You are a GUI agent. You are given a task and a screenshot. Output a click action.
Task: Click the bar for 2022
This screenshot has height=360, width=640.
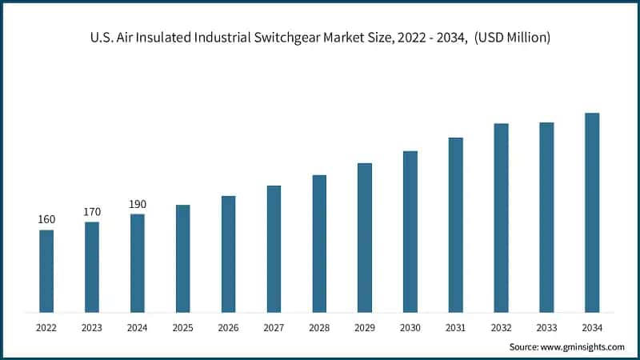click(x=46, y=271)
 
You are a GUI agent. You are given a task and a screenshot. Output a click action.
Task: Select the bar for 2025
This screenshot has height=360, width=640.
click(x=183, y=258)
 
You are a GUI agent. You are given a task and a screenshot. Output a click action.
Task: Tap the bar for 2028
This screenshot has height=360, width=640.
click(x=319, y=243)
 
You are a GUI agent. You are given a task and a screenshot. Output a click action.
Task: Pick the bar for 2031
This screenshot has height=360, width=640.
click(x=456, y=225)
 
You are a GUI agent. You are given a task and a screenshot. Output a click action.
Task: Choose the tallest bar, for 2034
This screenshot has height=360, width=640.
click(x=592, y=212)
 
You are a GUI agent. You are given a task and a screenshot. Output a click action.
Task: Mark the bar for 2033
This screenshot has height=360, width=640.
click(x=546, y=217)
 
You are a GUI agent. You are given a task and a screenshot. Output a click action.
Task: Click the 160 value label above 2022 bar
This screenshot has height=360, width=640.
click(x=46, y=220)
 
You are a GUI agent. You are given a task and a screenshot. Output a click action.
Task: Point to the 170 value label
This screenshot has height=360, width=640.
click(x=92, y=212)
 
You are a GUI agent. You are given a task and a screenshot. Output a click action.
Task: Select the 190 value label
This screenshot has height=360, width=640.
click(x=138, y=204)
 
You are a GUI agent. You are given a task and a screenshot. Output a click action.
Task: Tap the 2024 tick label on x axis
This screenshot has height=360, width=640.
click(x=138, y=327)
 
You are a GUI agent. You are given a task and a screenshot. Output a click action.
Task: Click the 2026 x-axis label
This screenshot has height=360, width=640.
click(x=228, y=327)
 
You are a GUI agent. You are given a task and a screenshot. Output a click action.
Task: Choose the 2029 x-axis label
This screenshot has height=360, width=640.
click(x=365, y=327)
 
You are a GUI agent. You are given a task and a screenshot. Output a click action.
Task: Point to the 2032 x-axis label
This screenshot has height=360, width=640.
click(x=501, y=327)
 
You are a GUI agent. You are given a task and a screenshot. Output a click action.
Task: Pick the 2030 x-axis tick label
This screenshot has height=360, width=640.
click(x=410, y=327)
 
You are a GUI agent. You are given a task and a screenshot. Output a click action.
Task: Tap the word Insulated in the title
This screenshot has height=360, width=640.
click(x=160, y=38)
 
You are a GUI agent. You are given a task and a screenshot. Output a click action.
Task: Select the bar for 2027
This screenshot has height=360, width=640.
click(x=274, y=249)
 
